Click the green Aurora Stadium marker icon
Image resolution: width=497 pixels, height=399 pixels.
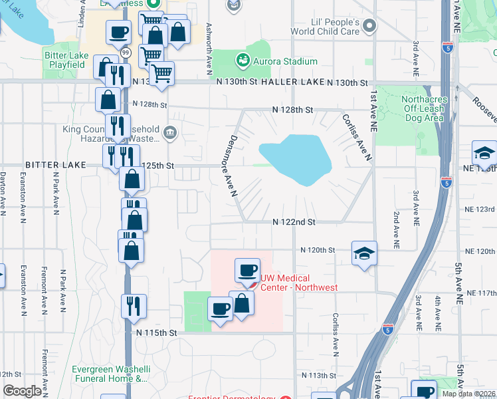[x=243, y=61]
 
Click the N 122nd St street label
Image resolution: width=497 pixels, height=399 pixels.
[x=293, y=221]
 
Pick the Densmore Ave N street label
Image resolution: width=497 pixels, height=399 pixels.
[x=229, y=166]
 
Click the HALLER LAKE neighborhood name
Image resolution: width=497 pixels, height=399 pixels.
[x=294, y=82]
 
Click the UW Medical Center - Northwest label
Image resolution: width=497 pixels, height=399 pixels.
[x=298, y=283]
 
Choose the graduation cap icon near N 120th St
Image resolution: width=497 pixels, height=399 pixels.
[x=364, y=253]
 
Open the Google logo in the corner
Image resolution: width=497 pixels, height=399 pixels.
[x=22, y=391]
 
